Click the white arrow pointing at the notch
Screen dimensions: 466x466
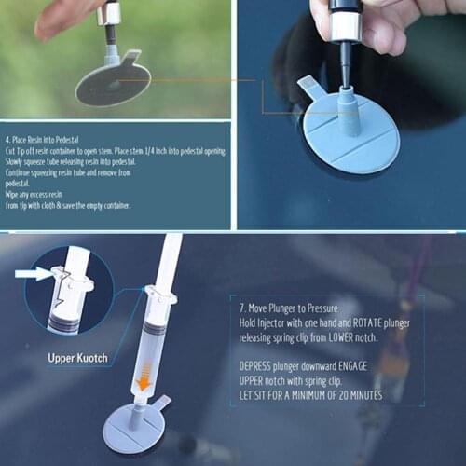click(32, 274)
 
